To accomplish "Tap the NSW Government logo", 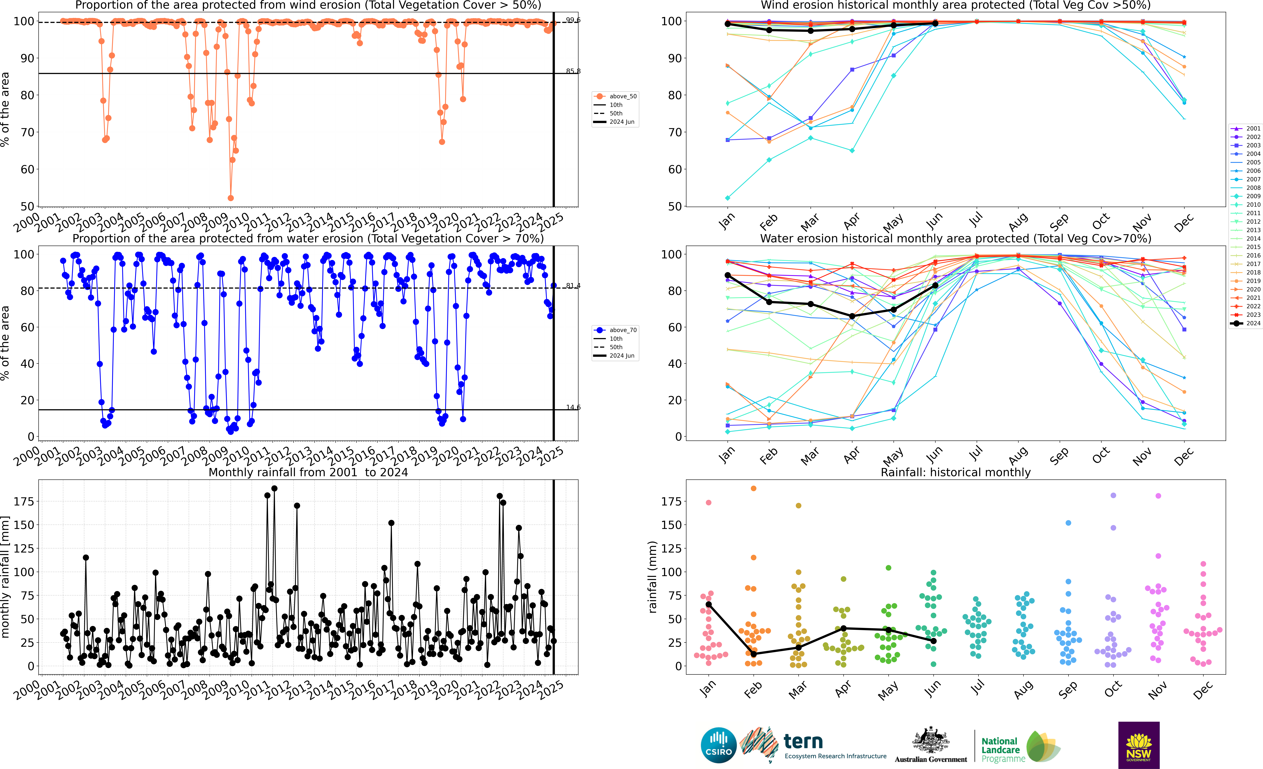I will point(1138,745).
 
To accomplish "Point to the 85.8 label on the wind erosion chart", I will point(573,71).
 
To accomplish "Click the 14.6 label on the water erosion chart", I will point(573,408).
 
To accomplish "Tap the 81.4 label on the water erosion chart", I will point(573,285).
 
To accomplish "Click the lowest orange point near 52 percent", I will point(231,198).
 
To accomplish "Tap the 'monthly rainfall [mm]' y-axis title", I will point(6,577).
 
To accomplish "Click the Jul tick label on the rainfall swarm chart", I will point(977,687).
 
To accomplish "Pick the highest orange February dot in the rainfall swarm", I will point(754,489).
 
